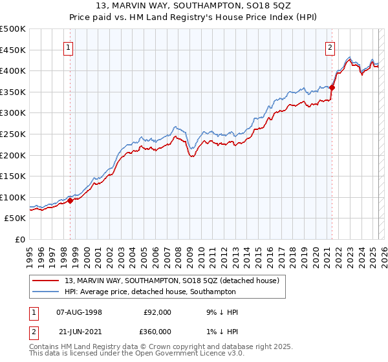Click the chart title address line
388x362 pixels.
coord(194,7)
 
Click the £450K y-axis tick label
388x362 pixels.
coord(13,50)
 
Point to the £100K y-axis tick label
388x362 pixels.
coord(13,197)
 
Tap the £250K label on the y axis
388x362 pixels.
coord(13,134)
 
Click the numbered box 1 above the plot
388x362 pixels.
coord(68,47)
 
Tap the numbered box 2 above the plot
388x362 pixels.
coord(330,47)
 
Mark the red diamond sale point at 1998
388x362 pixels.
coord(70,200)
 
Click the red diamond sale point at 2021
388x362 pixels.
coord(332,88)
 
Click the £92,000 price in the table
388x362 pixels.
coord(157,312)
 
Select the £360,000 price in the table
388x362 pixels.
coord(157,331)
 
